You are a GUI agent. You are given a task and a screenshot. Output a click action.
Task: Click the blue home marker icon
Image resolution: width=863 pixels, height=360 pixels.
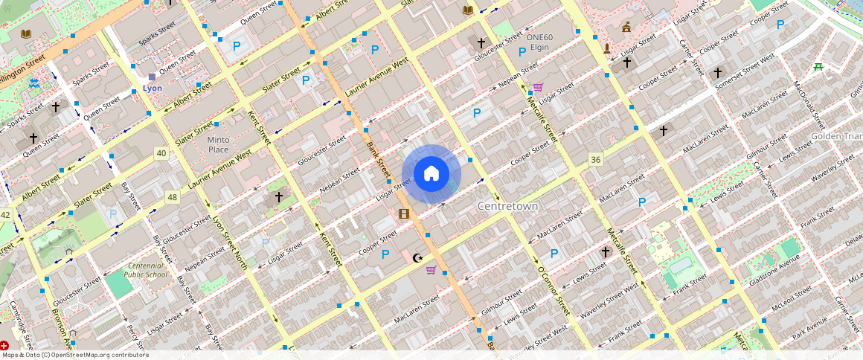coord(431,174)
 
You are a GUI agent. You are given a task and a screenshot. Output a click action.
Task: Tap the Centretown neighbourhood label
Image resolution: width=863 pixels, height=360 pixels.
coord(507,205)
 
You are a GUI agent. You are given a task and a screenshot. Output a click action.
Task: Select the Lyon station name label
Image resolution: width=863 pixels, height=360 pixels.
coord(152,89)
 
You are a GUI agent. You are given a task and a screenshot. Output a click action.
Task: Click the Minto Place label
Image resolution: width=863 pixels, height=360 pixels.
coord(218,144)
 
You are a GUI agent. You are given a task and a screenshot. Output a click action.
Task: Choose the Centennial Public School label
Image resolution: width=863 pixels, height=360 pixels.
coord(147,269)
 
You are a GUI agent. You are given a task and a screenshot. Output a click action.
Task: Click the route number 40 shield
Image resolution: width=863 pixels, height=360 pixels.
coord(161,153)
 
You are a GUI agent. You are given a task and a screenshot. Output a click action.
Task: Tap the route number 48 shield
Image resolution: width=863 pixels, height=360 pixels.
coord(173,197)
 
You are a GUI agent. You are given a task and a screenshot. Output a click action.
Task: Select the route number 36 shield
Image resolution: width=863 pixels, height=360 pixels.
coord(595,160)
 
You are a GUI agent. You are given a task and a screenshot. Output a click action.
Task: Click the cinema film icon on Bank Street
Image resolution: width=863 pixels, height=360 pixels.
coord(403,214)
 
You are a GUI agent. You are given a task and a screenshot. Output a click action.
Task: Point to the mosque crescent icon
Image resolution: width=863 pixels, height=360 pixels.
coord(418,258)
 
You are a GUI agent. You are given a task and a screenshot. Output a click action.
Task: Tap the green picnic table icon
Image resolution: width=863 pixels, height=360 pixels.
coord(818,67)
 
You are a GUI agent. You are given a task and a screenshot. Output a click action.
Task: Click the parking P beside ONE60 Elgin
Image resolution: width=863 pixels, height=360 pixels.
coord(522,51)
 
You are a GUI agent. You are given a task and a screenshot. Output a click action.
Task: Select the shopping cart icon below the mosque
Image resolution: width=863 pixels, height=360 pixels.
coord(431,270)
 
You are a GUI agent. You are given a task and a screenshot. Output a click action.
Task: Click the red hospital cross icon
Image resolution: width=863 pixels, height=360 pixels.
coord(4,346)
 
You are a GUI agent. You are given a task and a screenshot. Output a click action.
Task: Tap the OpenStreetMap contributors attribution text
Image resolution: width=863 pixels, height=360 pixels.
coord(74,355)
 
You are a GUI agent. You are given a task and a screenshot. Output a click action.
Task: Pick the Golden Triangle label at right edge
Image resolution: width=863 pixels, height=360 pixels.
coord(836,136)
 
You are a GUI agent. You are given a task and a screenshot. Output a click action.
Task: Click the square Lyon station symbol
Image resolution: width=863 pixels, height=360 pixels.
coord(152,77)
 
